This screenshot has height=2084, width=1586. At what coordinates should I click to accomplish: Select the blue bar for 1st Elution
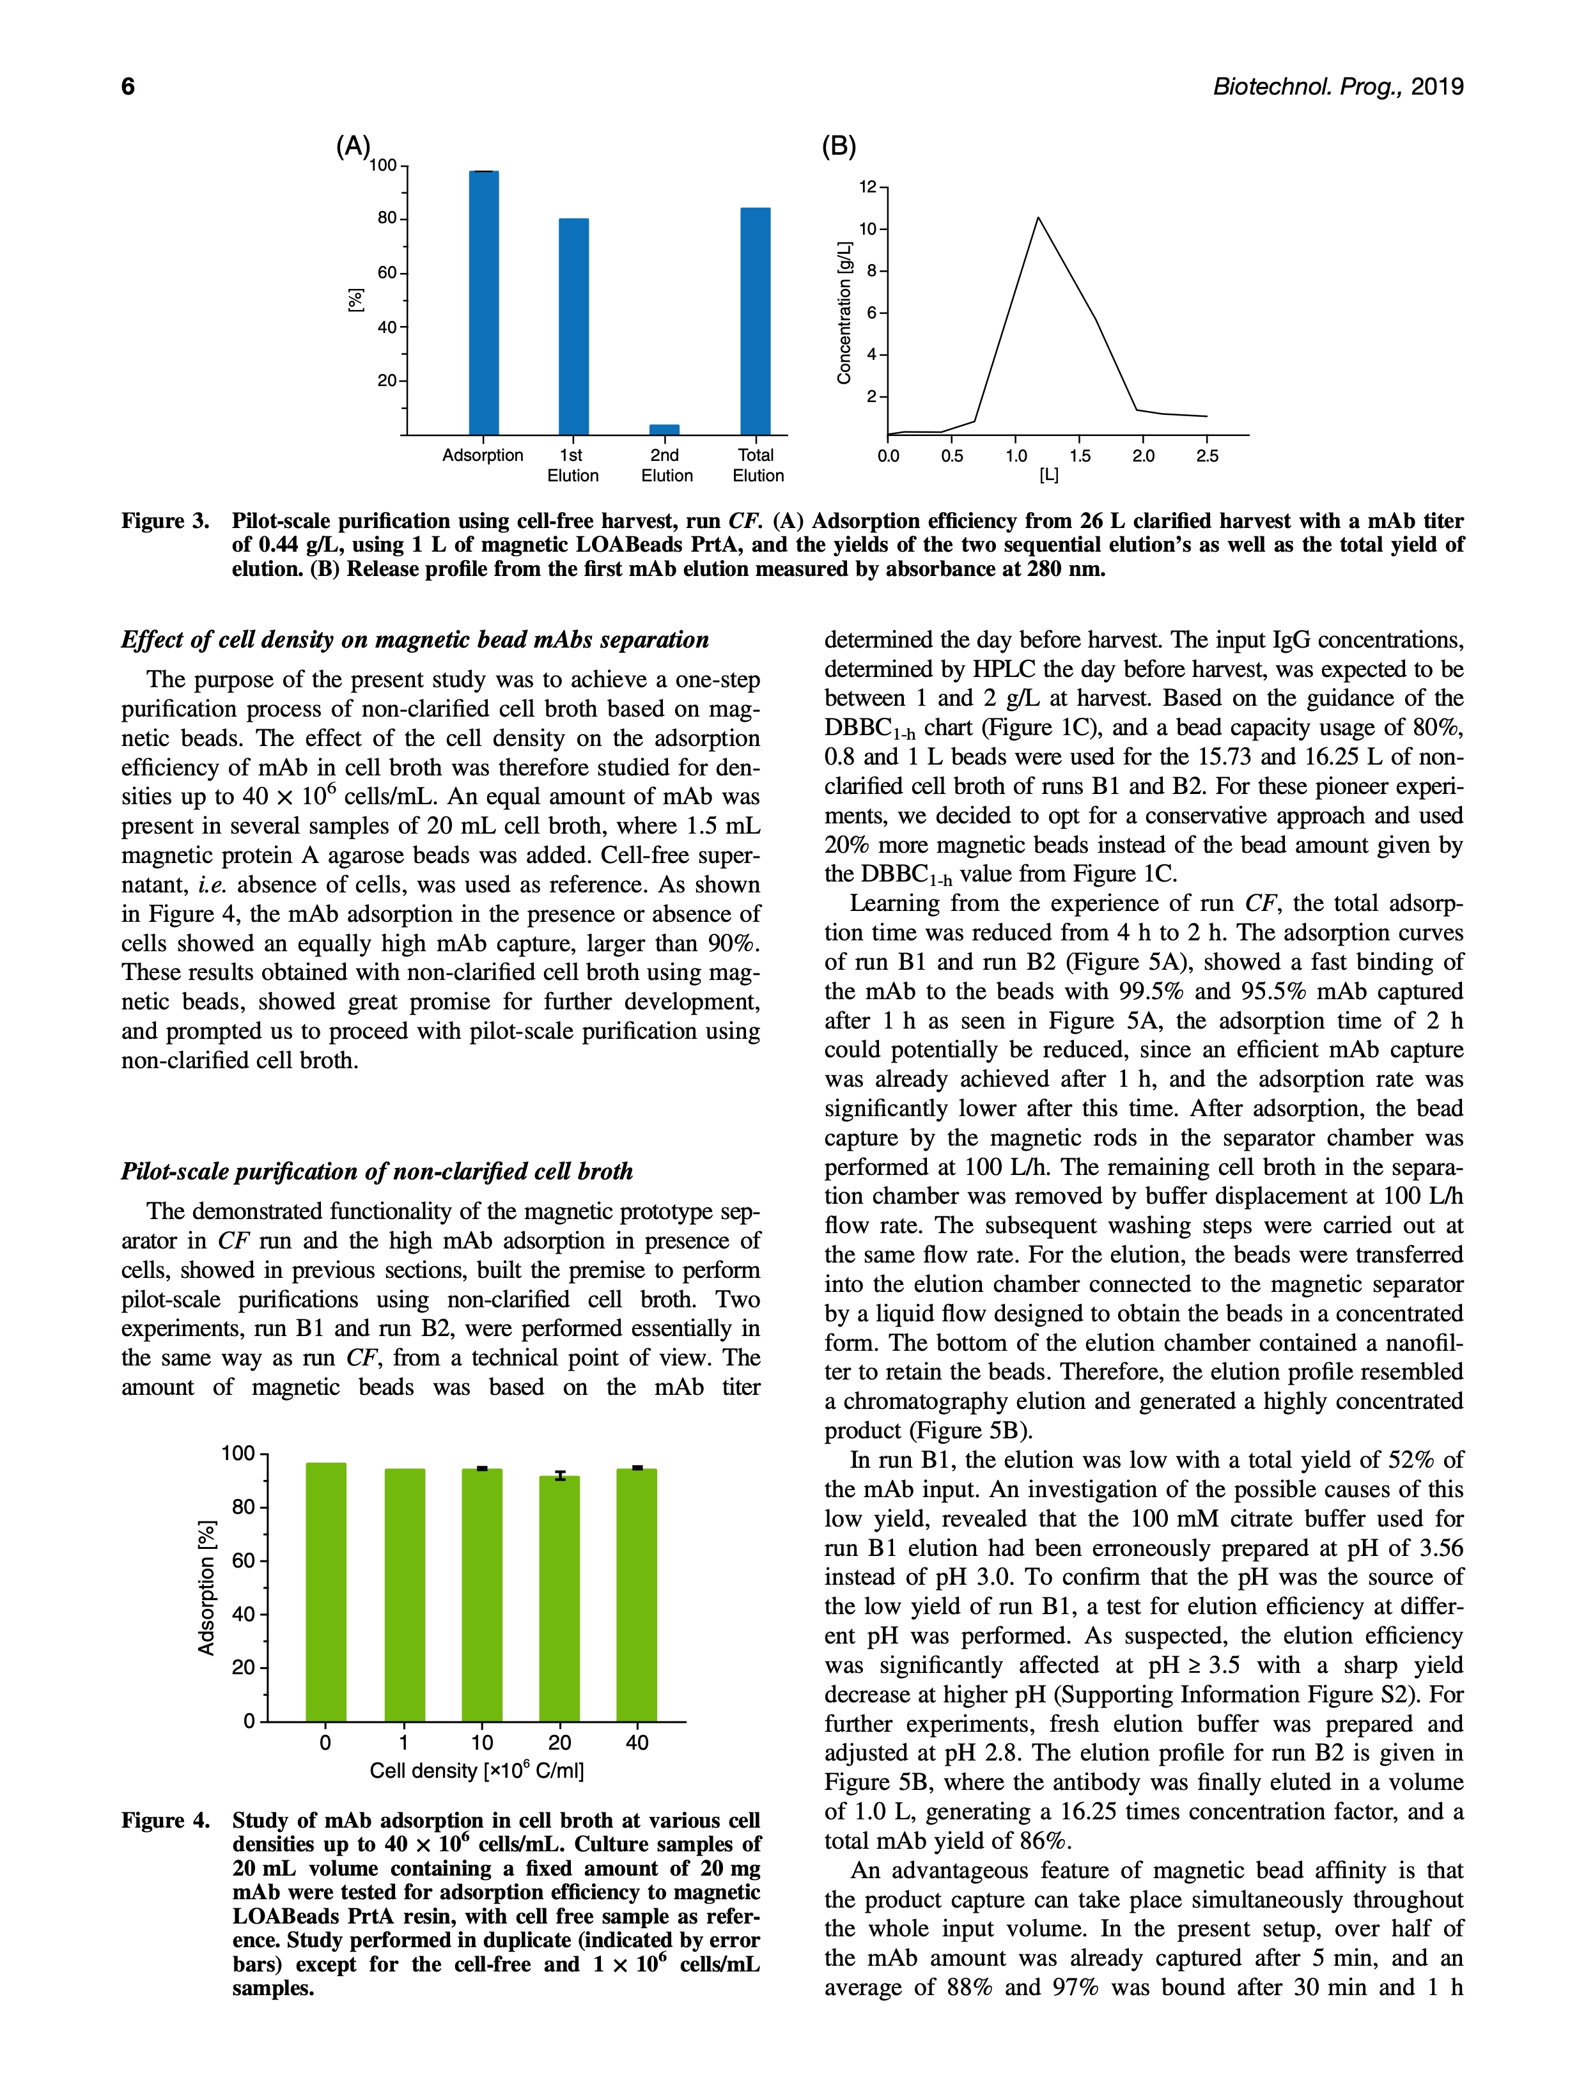[x=573, y=327]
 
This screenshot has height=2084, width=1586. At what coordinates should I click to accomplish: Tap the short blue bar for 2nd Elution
[x=664, y=430]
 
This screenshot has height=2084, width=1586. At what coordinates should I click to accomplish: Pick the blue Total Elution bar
[x=755, y=321]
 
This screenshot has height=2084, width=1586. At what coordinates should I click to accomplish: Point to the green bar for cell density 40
[x=637, y=1595]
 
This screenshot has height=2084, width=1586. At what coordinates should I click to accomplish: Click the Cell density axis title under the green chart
[x=477, y=1769]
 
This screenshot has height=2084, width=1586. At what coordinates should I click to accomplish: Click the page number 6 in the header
[x=128, y=87]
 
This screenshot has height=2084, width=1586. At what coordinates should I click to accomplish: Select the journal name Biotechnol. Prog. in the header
[x=1307, y=87]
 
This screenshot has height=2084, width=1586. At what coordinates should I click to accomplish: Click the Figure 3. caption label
[x=165, y=521]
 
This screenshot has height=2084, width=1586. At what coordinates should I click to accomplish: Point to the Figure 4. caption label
[x=165, y=1821]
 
